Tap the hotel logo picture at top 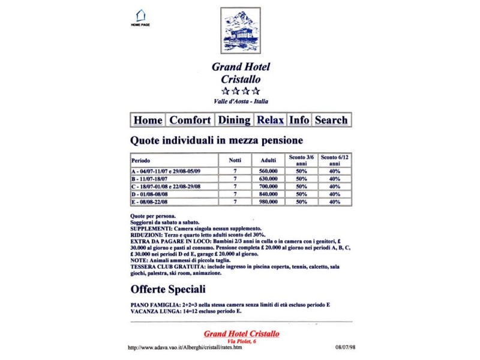[x=241, y=30]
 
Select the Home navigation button [x=148, y=120]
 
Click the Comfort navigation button [x=190, y=120]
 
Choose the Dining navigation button [x=234, y=120]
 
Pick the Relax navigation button [x=270, y=120]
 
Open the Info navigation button [x=299, y=120]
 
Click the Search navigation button [x=331, y=120]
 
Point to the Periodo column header [x=141, y=161]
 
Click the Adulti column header [x=268, y=161]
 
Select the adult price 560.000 [x=268, y=171]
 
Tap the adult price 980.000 [x=268, y=202]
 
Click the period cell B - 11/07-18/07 [x=152, y=179]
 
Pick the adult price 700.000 [x=268, y=187]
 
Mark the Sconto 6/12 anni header [x=335, y=160]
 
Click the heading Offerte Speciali [x=168, y=289]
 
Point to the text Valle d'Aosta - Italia [x=241, y=102]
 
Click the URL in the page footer [x=186, y=347]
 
